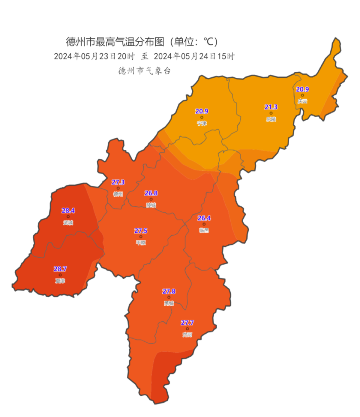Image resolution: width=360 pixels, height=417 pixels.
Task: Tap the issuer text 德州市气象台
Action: [x=144, y=71]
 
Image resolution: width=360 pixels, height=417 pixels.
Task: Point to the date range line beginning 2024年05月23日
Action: [x=144, y=57]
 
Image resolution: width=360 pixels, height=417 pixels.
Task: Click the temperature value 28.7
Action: [x=60, y=269]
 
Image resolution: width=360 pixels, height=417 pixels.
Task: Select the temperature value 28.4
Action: [x=68, y=211]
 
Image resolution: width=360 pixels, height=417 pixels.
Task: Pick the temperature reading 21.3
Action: [x=271, y=107]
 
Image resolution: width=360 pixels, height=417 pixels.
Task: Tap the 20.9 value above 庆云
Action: [x=302, y=89]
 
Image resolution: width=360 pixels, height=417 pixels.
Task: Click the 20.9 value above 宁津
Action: [x=202, y=111]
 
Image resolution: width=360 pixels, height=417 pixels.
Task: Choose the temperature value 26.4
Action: [x=204, y=218]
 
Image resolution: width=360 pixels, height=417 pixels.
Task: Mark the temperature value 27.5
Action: [x=141, y=231]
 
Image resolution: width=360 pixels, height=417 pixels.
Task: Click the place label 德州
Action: [x=118, y=194]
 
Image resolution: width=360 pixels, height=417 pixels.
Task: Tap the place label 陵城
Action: [x=151, y=205]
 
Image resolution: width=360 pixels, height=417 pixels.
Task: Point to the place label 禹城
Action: [x=169, y=303]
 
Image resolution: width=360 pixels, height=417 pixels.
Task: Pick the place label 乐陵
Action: [x=271, y=119]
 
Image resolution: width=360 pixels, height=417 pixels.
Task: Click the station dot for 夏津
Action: [x=60, y=275]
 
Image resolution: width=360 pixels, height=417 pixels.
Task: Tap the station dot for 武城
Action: [x=68, y=217]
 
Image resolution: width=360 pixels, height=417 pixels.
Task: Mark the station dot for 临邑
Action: [x=204, y=224]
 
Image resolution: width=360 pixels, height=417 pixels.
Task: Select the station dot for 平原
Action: [x=141, y=236]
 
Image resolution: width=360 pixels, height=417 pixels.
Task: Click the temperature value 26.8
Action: [x=151, y=193]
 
